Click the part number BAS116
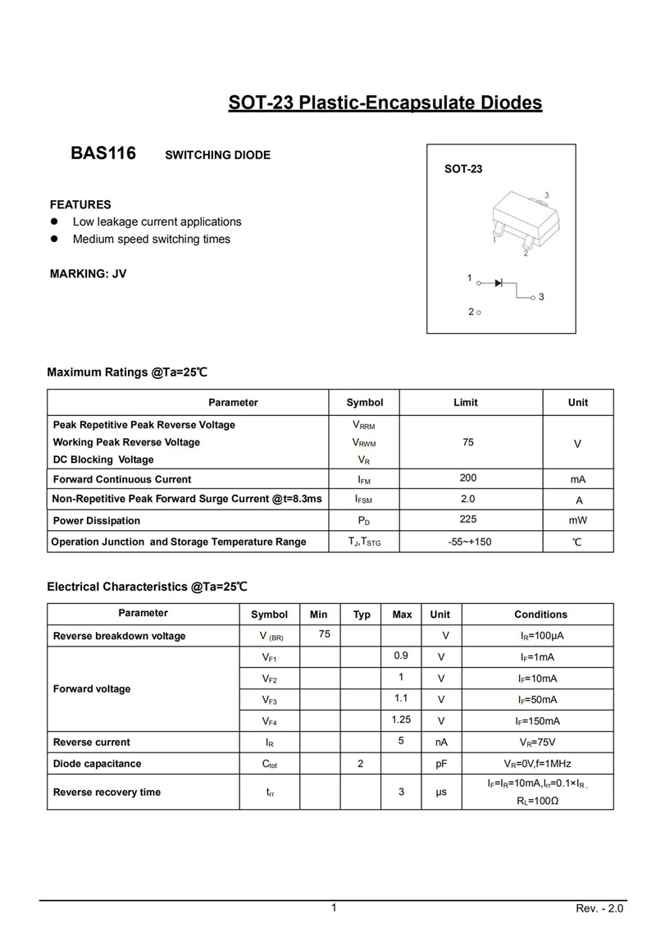(x=103, y=153)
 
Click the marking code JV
(x=119, y=273)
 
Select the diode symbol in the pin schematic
(x=499, y=283)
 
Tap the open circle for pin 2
(x=478, y=313)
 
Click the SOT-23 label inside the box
(x=463, y=169)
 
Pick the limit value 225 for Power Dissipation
(x=468, y=519)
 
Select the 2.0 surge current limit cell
(x=468, y=499)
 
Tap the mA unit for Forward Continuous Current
(x=578, y=479)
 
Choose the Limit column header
(x=465, y=402)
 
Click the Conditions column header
(x=540, y=615)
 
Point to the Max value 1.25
(x=401, y=720)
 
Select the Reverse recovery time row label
(x=107, y=792)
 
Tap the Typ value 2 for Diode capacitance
(x=361, y=764)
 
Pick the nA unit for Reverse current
(x=441, y=743)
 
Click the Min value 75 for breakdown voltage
(x=325, y=634)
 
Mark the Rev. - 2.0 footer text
(x=600, y=909)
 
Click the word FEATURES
(x=80, y=204)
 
